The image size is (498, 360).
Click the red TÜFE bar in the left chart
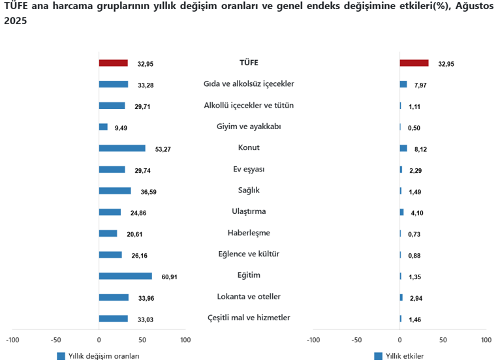(x=113, y=63)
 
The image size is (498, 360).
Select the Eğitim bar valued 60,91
(x=125, y=276)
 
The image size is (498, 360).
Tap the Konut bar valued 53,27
(x=122, y=148)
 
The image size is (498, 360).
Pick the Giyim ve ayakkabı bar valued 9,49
(x=103, y=127)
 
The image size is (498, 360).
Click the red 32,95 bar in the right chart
(x=414, y=63)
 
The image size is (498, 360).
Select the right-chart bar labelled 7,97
(x=403, y=84)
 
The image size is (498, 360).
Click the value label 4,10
(x=416, y=213)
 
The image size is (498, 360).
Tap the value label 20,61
(x=130, y=234)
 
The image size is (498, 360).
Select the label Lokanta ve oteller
(x=249, y=296)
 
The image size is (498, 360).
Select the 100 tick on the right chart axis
(x=486, y=340)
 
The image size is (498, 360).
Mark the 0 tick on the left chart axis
(x=99, y=340)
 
